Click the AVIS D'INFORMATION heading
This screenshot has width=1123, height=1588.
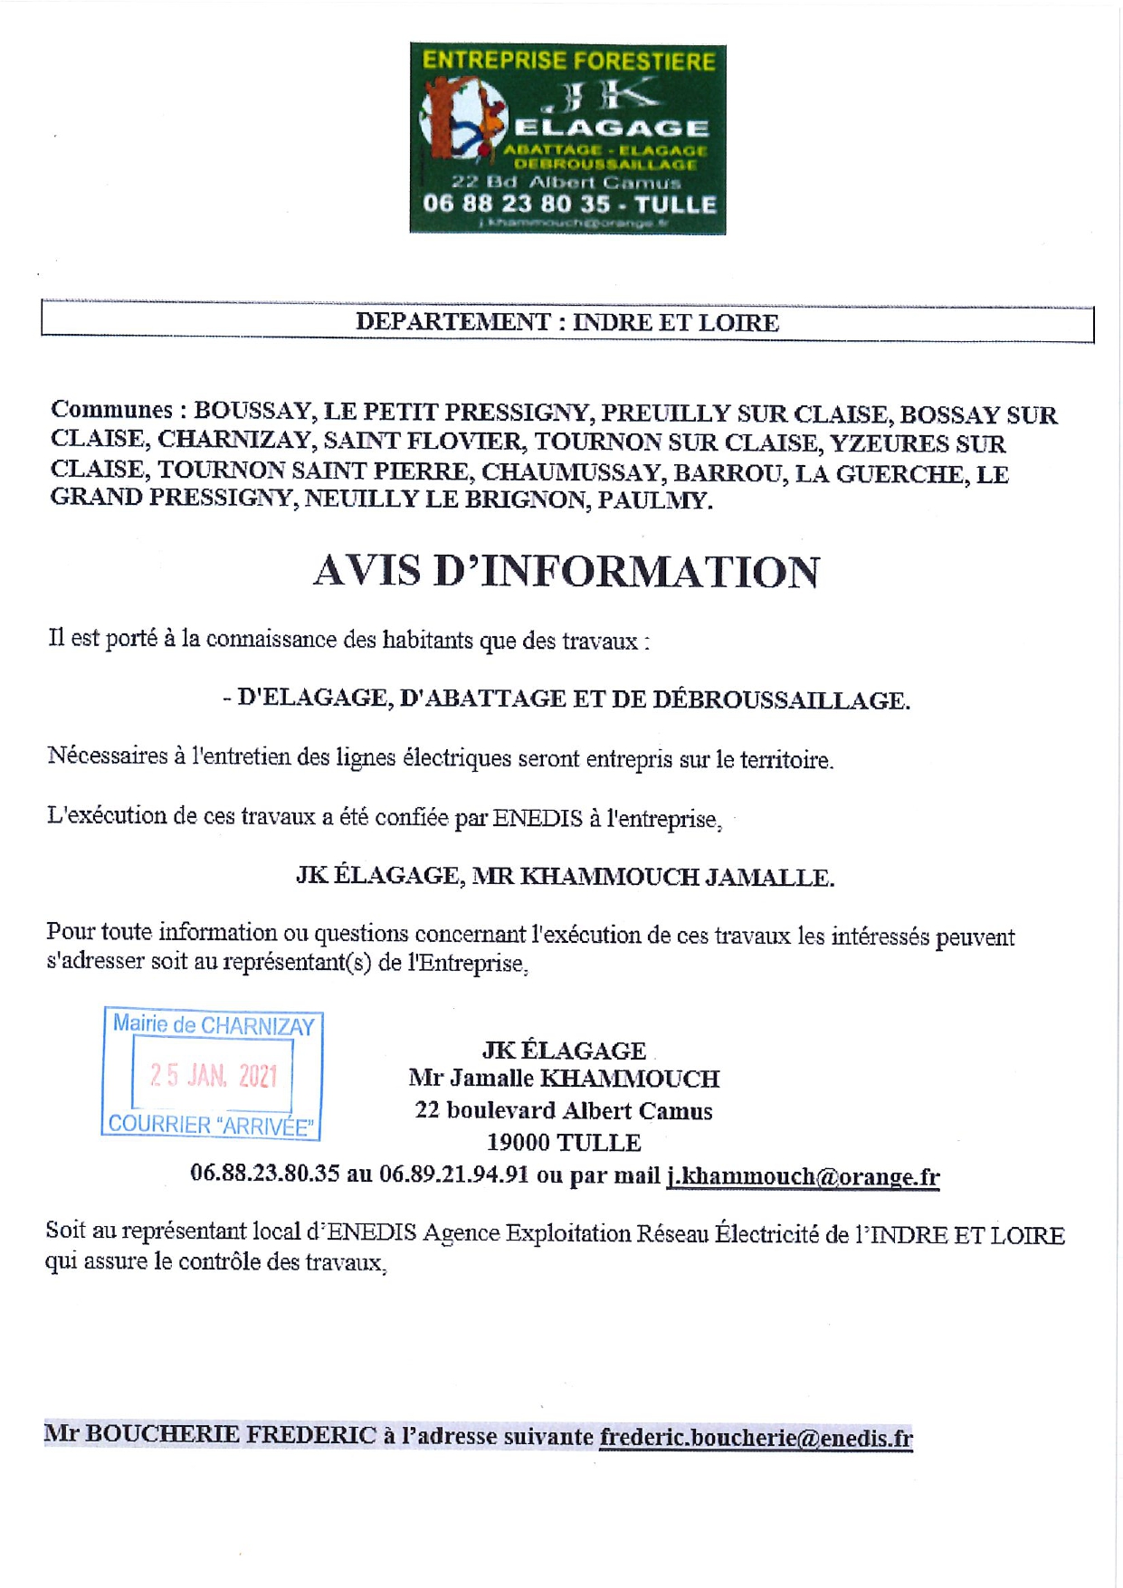point(566,572)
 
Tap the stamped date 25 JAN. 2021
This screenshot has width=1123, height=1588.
point(214,1075)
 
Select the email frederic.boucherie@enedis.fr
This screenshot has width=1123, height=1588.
point(756,1437)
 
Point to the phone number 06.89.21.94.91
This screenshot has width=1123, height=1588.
point(453,1174)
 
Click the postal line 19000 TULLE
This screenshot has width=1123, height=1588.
point(563,1143)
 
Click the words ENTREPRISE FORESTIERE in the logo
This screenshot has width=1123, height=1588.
point(568,62)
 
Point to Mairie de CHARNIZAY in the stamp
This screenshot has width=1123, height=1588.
point(214,1025)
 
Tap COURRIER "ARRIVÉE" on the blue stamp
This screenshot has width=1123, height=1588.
point(211,1125)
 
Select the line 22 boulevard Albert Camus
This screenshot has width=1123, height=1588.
point(563,1110)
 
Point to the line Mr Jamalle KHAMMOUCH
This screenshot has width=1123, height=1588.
point(563,1079)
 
